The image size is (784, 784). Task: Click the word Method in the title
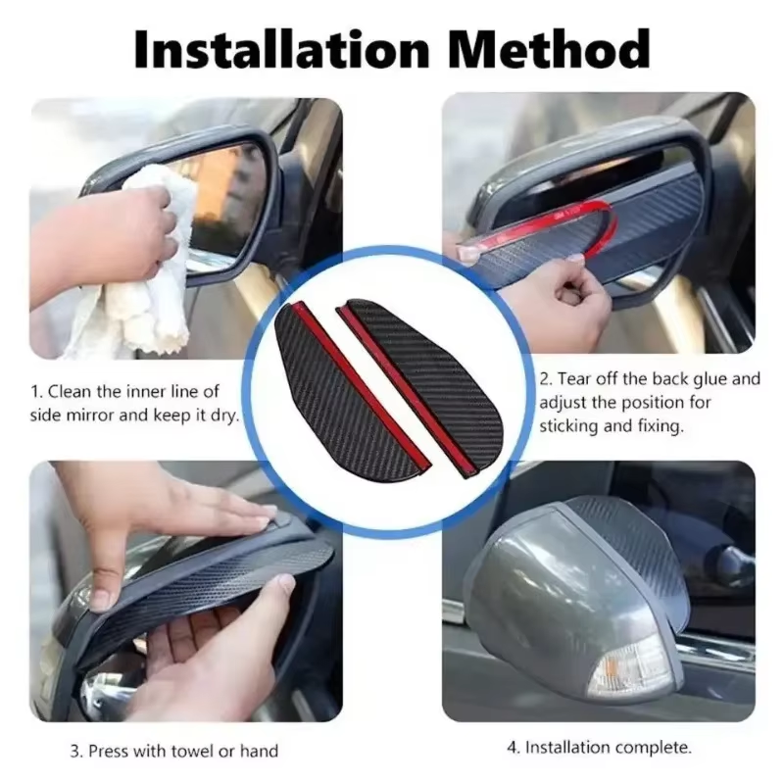click(x=555, y=49)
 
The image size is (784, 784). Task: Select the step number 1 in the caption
click(x=34, y=390)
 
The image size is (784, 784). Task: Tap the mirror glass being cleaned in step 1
click(x=225, y=196)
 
